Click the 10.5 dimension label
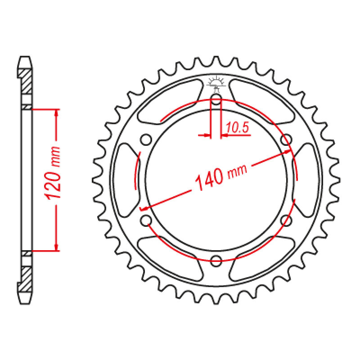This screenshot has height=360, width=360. click(237, 127)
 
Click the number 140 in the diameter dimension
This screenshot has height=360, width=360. click(209, 178)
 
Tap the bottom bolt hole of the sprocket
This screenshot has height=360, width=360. click(216, 261)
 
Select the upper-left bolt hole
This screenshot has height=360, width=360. click(146, 139)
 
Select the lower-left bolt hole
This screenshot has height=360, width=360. click(146, 220)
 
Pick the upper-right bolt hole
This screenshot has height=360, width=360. click(286, 139)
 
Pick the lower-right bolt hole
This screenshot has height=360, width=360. click(286, 220)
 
